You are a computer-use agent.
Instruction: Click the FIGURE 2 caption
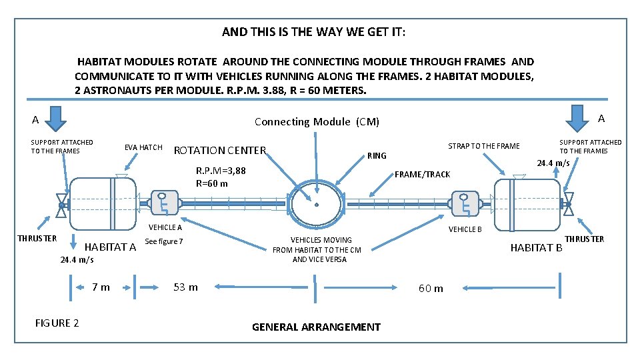click(x=57, y=323)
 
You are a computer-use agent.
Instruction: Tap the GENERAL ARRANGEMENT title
click(x=316, y=327)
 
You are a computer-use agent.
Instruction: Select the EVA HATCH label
click(x=143, y=147)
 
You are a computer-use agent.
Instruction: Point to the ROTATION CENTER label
click(x=219, y=151)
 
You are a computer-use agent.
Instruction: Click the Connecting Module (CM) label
click(x=317, y=121)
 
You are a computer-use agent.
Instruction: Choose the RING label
click(x=377, y=156)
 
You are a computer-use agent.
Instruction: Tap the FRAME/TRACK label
click(x=423, y=175)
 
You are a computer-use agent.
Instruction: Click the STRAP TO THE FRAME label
click(x=483, y=146)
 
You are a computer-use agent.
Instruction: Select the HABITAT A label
click(x=111, y=247)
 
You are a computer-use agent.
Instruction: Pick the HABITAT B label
click(x=536, y=249)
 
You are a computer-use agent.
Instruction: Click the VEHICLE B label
click(x=465, y=229)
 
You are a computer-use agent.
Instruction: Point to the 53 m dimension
click(x=185, y=287)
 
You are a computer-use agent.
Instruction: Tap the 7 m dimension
click(x=101, y=287)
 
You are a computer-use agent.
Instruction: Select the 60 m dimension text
click(x=430, y=289)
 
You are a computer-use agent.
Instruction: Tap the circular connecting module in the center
click(x=317, y=203)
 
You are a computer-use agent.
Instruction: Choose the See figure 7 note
click(x=163, y=241)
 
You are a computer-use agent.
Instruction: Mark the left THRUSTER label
click(x=37, y=238)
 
